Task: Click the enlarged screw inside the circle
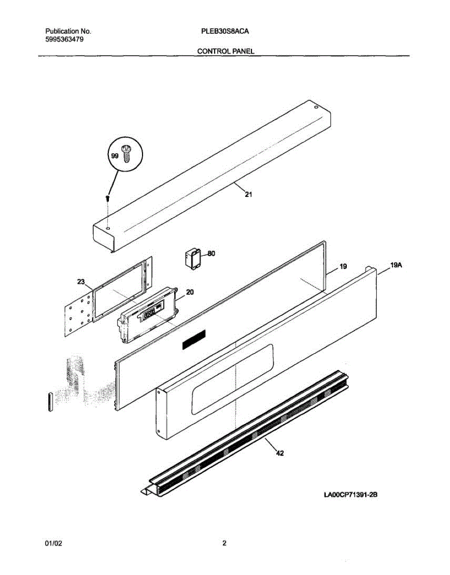pos(128,154)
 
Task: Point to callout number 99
pos(115,156)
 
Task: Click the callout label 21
pos(249,195)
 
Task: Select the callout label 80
pos(211,254)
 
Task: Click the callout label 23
pos(81,282)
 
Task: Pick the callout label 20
pos(189,292)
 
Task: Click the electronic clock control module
pos(148,316)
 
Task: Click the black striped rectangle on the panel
pos(193,340)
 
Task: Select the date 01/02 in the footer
pos(53,543)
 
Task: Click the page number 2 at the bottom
pos(224,543)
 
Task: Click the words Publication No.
pos(65,32)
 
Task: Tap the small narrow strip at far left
pos(49,400)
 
